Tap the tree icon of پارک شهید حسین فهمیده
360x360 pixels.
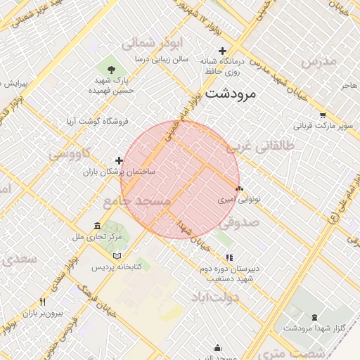(x=112, y=68)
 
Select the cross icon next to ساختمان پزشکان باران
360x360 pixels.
(x=119, y=161)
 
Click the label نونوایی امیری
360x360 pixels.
(x=240, y=200)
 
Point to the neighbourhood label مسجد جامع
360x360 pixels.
(x=138, y=202)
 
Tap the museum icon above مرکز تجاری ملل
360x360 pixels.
(x=97, y=226)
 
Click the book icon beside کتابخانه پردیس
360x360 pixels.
(x=117, y=256)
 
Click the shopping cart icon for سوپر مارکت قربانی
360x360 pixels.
(x=322, y=115)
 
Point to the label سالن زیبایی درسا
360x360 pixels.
(x=164, y=59)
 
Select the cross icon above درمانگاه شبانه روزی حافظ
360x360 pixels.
(x=223, y=50)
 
